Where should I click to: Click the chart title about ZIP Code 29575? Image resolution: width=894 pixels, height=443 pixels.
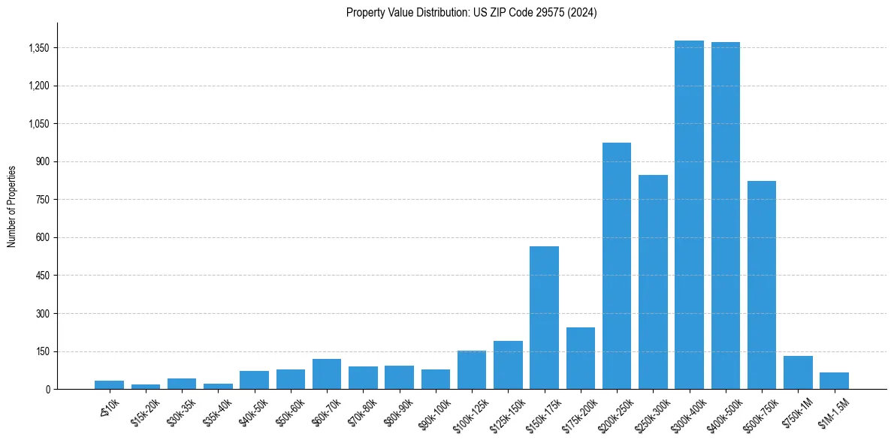(x=471, y=13)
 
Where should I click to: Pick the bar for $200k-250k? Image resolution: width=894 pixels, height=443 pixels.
(x=617, y=266)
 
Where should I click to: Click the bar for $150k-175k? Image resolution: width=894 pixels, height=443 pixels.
(x=544, y=318)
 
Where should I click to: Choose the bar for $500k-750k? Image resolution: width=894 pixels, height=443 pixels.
(x=762, y=285)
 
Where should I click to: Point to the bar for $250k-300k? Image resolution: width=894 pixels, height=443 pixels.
(x=653, y=282)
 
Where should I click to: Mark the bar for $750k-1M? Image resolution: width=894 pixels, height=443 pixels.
(x=798, y=372)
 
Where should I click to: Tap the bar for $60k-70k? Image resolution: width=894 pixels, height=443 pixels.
(x=327, y=374)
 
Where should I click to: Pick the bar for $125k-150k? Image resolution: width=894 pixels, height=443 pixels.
(x=508, y=365)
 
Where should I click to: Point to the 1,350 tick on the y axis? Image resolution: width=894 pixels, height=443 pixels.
(x=38, y=48)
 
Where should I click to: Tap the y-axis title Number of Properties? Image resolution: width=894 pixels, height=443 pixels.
(x=12, y=206)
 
